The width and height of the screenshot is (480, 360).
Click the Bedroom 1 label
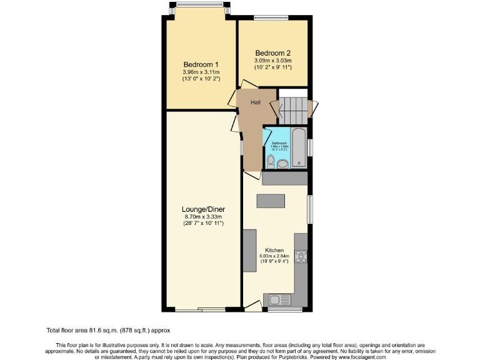tap(201, 64)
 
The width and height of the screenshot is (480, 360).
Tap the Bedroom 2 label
tap(273, 52)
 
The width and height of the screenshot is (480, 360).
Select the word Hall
tap(256, 102)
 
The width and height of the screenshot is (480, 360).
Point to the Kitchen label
tap(274, 250)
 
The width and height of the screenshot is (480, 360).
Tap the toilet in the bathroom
tap(270, 161)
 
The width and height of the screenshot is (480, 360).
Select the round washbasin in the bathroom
tap(282, 164)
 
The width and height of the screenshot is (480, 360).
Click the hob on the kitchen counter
tap(301, 256)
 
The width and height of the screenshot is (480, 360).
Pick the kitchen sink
tap(276, 300)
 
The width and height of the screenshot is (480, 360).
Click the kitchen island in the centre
tap(270, 201)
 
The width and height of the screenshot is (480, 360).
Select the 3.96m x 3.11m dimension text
tap(201, 72)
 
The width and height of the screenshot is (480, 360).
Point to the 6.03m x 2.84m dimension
tap(274, 256)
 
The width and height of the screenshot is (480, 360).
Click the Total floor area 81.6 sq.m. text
tap(107, 330)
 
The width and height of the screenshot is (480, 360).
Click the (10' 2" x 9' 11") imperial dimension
tap(273, 67)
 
